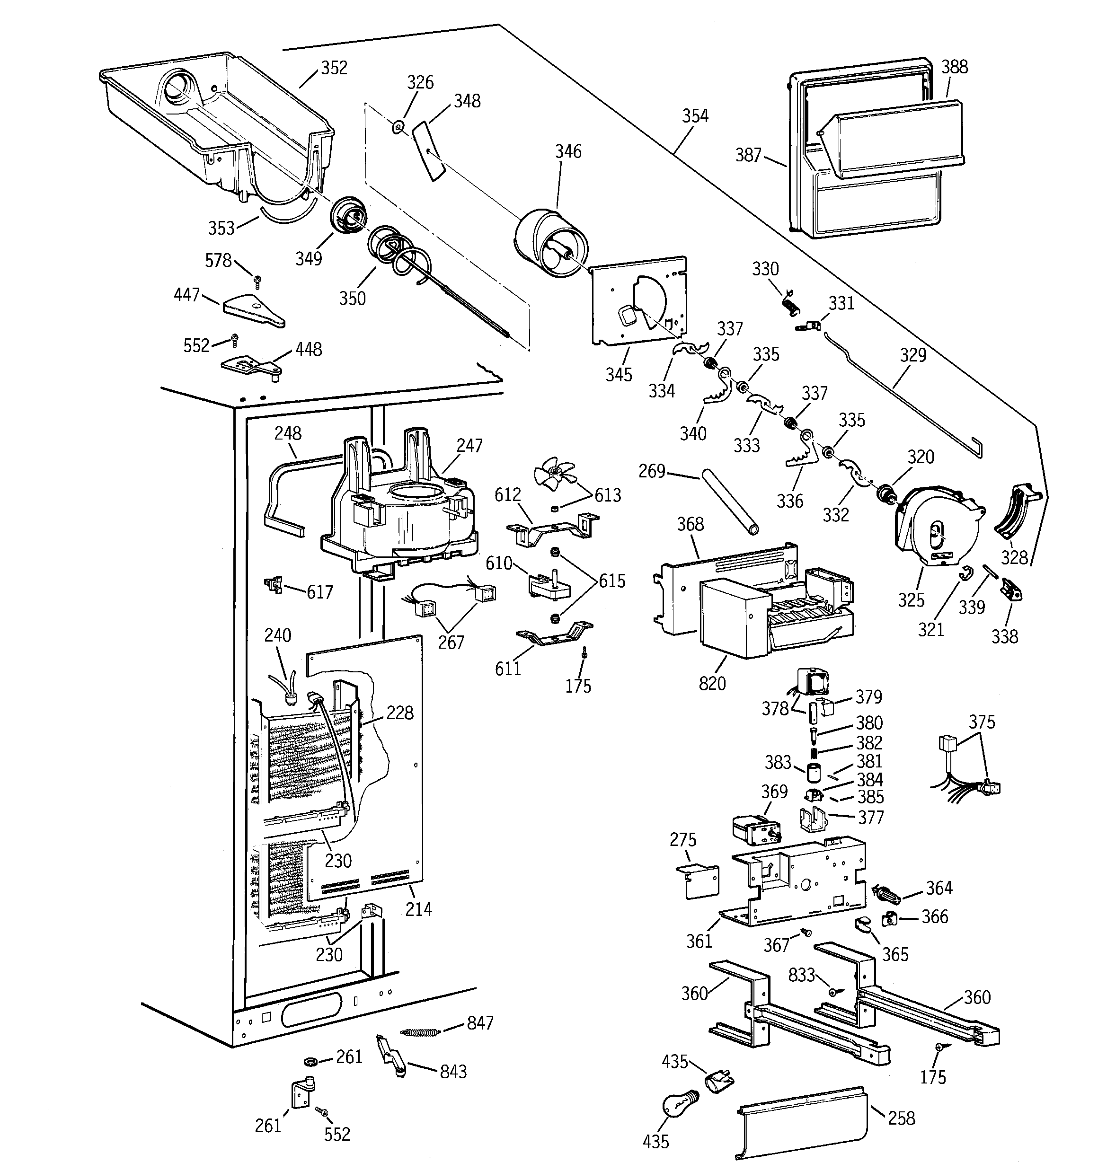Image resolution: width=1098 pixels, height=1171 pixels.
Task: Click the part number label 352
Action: (x=334, y=68)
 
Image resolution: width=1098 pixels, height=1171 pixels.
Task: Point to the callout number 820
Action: (x=712, y=683)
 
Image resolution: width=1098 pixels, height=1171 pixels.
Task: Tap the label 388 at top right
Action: (x=954, y=67)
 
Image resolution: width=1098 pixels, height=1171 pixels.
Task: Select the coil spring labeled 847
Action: (x=420, y=1032)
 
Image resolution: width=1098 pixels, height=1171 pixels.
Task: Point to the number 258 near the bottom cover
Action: (x=901, y=1118)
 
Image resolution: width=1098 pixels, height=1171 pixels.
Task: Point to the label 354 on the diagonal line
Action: (x=695, y=116)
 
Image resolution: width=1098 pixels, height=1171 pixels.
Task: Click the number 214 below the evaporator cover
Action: (x=418, y=909)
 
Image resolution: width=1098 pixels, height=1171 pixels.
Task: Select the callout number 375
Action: (x=981, y=722)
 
